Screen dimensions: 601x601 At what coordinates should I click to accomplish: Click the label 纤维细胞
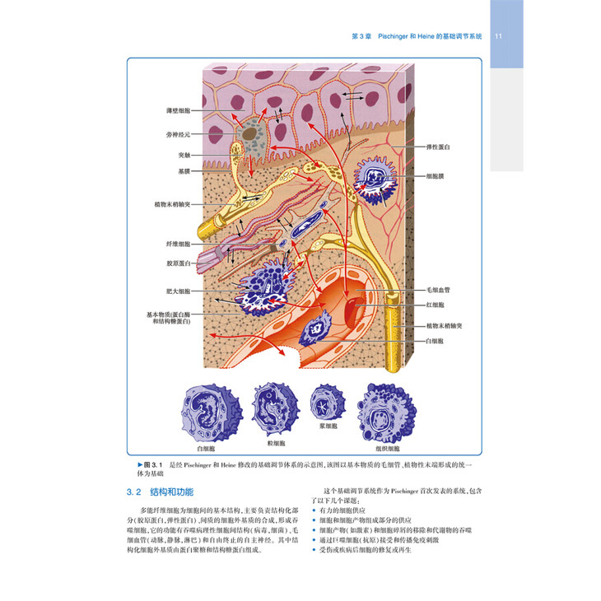(x=178, y=245)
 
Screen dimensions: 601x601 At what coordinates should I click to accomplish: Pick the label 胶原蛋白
(x=178, y=263)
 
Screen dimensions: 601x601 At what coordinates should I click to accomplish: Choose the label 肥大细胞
(x=178, y=291)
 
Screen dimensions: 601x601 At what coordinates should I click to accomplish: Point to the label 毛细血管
(x=437, y=291)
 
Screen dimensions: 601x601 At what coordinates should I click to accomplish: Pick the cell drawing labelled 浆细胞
(x=323, y=404)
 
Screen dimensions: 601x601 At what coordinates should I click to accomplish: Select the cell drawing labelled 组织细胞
(x=385, y=412)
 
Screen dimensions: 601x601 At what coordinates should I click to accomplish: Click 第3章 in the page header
(x=362, y=37)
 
